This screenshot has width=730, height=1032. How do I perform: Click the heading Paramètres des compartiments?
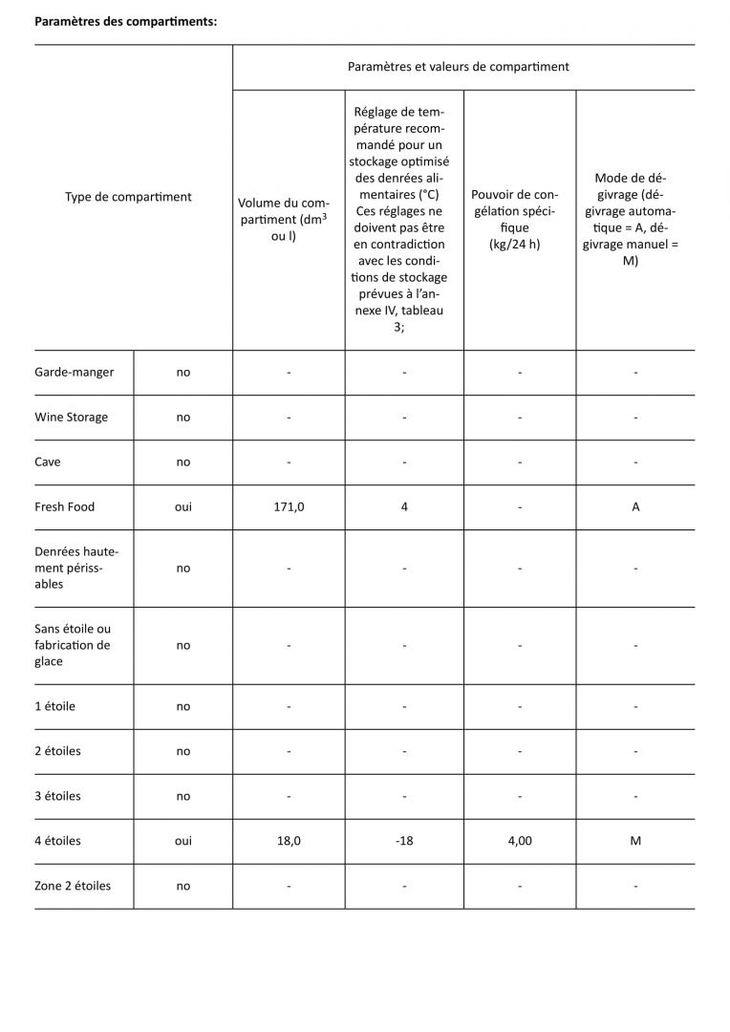click(126, 22)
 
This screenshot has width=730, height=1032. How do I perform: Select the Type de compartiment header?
click(128, 197)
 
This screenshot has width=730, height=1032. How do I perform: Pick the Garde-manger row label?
click(74, 372)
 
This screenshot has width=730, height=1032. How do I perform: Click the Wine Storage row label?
click(71, 417)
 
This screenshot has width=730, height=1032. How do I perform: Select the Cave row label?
click(47, 462)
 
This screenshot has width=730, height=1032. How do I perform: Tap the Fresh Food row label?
click(64, 506)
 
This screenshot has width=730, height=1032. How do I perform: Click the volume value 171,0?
click(289, 506)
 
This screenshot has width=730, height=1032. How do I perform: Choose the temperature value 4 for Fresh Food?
click(404, 506)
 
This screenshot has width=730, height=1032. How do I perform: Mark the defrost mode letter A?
click(635, 506)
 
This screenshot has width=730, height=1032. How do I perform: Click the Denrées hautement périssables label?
click(76, 568)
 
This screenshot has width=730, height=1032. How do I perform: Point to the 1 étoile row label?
click(54, 706)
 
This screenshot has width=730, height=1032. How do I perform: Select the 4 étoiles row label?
click(57, 841)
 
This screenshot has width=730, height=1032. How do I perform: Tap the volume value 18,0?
click(289, 841)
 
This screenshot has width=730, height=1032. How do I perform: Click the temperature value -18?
click(404, 841)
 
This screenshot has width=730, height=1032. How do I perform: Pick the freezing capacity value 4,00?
click(520, 841)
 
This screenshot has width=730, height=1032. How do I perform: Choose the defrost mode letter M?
click(635, 841)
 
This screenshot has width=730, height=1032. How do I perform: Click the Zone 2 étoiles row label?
click(73, 886)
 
